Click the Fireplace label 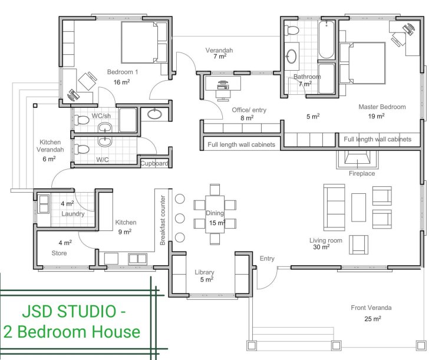[x=362, y=173]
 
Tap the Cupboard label [x=154, y=163]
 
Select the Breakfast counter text [x=163, y=220]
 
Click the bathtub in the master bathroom [x=326, y=39]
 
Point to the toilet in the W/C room [x=81, y=150]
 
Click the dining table [x=215, y=214]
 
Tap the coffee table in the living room [x=358, y=207]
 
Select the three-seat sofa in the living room [x=334, y=207]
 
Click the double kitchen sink [x=137, y=259]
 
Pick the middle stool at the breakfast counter [x=180, y=218]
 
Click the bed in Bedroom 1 [x=144, y=42]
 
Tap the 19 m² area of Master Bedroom [x=377, y=116]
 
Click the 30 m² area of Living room [x=321, y=247]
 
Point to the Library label [x=204, y=272]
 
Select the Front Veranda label [x=371, y=308]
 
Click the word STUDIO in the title [x=86, y=311]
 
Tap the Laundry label [x=73, y=214]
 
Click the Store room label [x=59, y=253]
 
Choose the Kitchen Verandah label [x=50, y=146]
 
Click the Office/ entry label [x=249, y=110]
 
